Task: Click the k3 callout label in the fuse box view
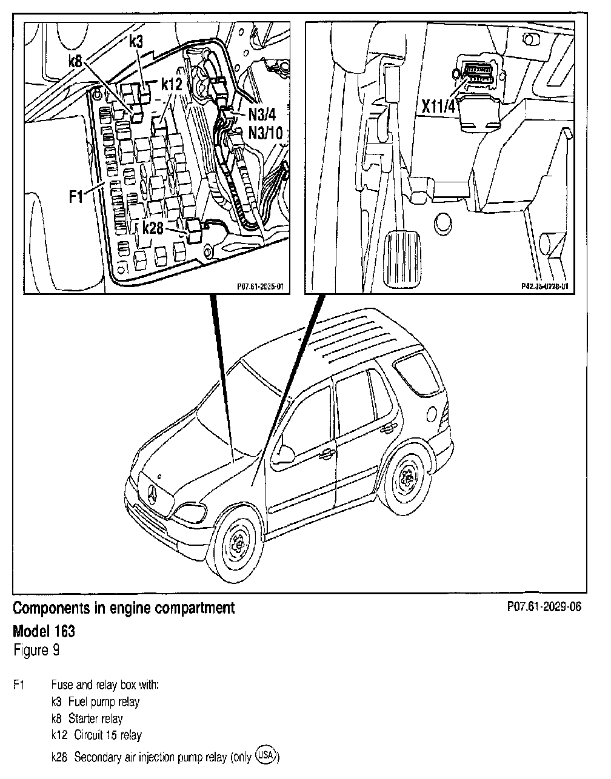pos(136,42)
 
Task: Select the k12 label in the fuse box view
pos(172,85)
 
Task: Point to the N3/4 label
pos(262,113)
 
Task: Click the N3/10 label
pos(265,132)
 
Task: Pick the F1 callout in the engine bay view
pos(76,197)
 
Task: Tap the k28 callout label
pos(153,227)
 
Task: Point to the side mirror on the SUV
pos(282,451)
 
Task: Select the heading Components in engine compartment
pos(124,608)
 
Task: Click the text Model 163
pos(44,631)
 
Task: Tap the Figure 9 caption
pos(36,651)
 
